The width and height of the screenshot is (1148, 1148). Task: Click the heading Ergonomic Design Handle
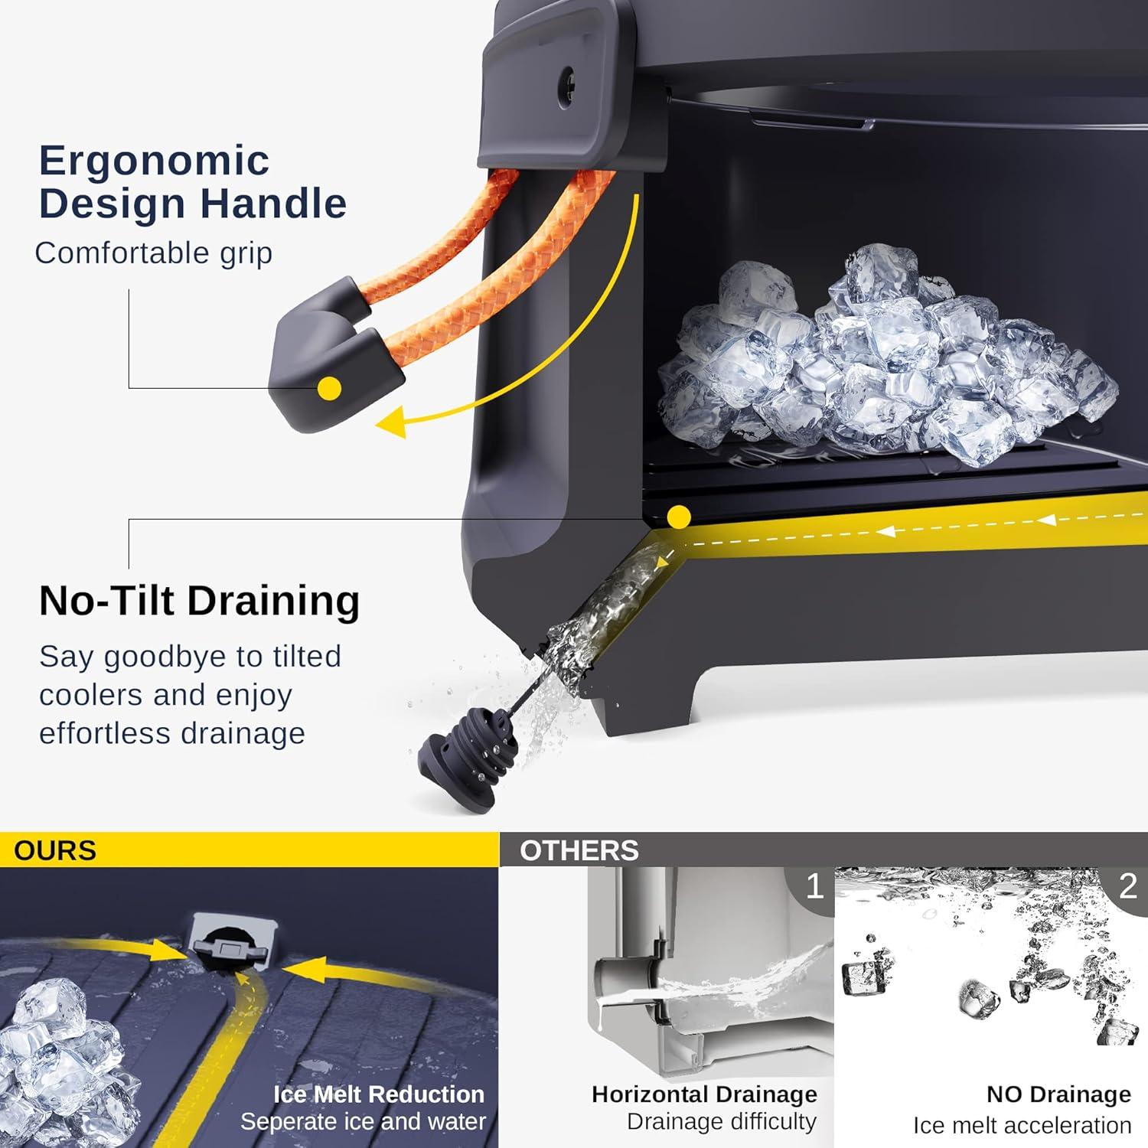click(x=193, y=182)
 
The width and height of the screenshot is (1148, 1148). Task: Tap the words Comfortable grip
click(x=154, y=253)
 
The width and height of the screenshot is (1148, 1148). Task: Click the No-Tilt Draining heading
click(x=199, y=600)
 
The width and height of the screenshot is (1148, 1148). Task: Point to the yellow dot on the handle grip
click(x=329, y=388)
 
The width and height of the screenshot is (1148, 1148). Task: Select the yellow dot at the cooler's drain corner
click(x=678, y=517)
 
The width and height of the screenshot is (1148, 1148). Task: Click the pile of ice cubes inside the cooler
click(x=888, y=360)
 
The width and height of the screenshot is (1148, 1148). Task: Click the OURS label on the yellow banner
click(x=55, y=850)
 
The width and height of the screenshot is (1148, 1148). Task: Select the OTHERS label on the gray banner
click(x=579, y=850)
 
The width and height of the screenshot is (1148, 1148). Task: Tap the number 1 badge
click(x=814, y=886)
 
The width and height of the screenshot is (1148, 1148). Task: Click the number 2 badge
click(x=1127, y=886)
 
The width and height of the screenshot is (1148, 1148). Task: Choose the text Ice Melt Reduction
click(x=379, y=1094)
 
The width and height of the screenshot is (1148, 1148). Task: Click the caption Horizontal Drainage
click(x=704, y=1094)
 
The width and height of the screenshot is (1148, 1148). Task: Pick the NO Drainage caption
click(x=1058, y=1094)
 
